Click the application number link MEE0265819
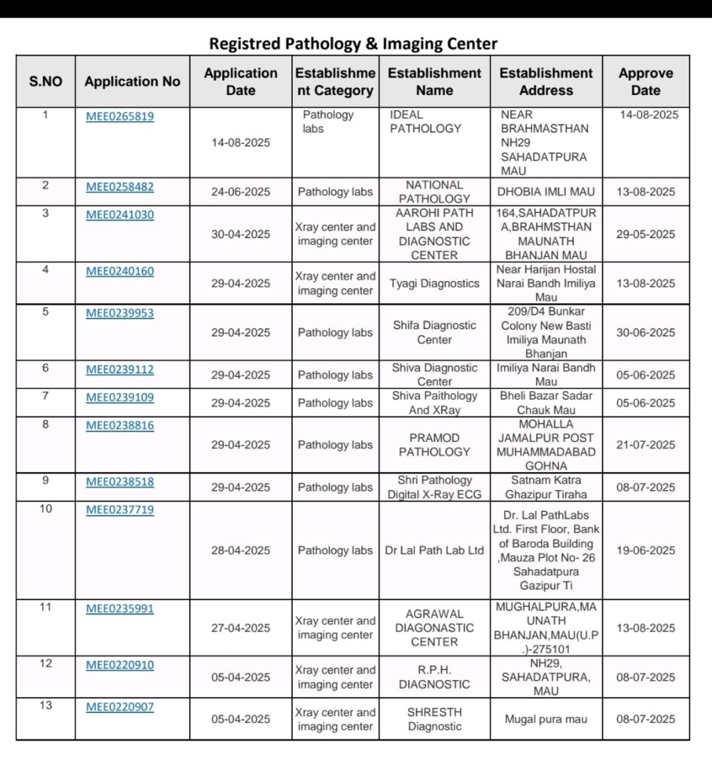coord(120,116)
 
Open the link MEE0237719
coord(120,510)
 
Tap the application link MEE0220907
coord(120,706)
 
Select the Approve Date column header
coord(645,81)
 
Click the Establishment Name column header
coord(434,81)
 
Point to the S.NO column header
coord(46,81)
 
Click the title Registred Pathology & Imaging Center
coord(353,44)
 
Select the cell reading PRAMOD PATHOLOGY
coord(434,444)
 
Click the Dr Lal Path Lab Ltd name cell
coord(434,550)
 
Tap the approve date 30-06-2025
coord(645,332)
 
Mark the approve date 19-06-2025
coord(645,550)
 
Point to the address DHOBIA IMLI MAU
coord(546,191)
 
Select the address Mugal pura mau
coord(546,719)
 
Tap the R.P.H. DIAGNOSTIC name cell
coord(434,677)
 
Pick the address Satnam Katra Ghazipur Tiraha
coord(546,487)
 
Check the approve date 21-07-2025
coord(645,444)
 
